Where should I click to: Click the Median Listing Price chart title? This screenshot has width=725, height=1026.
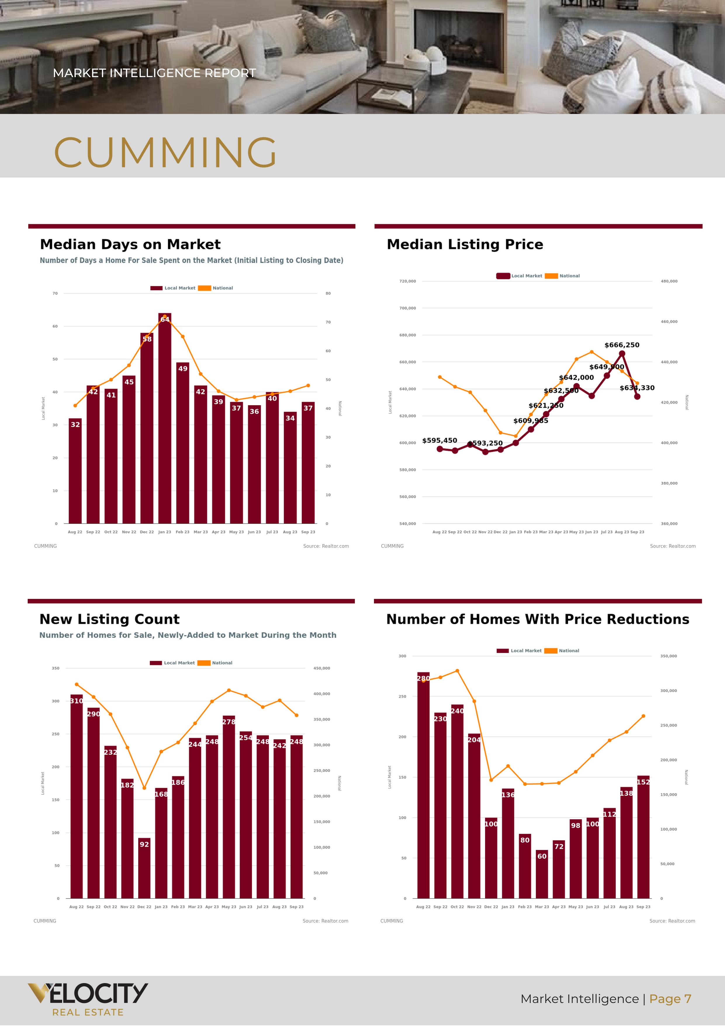(465, 244)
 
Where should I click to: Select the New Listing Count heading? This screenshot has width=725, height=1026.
(110, 619)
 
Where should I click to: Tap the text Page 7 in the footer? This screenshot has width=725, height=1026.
(670, 999)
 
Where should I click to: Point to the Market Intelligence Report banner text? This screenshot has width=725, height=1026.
(154, 73)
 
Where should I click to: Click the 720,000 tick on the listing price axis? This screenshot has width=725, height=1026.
(407, 281)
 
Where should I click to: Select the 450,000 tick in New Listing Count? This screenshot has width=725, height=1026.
(322, 668)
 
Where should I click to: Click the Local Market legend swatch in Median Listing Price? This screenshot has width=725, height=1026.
(503, 276)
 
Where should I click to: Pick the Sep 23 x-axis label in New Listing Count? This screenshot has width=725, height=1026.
(296, 907)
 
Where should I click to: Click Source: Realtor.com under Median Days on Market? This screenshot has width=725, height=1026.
(326, 546)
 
